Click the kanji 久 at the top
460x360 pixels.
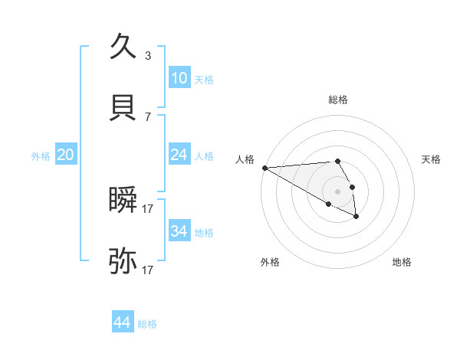123,47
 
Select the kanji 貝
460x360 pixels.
123,108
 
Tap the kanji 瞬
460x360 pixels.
123,200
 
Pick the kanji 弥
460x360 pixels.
123,261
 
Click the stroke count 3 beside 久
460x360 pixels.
147,56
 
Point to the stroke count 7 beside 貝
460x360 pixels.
147,117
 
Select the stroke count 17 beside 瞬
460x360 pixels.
147,209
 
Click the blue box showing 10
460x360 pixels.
179,78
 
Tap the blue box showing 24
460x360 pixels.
179,155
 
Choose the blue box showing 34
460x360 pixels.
179,231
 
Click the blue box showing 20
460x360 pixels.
65,155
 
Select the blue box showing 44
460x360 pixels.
122,323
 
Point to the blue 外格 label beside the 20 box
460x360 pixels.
41,156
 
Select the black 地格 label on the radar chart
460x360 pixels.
402,262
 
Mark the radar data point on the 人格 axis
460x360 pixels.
264,168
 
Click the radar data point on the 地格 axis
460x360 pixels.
356,217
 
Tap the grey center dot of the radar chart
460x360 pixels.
337,191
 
